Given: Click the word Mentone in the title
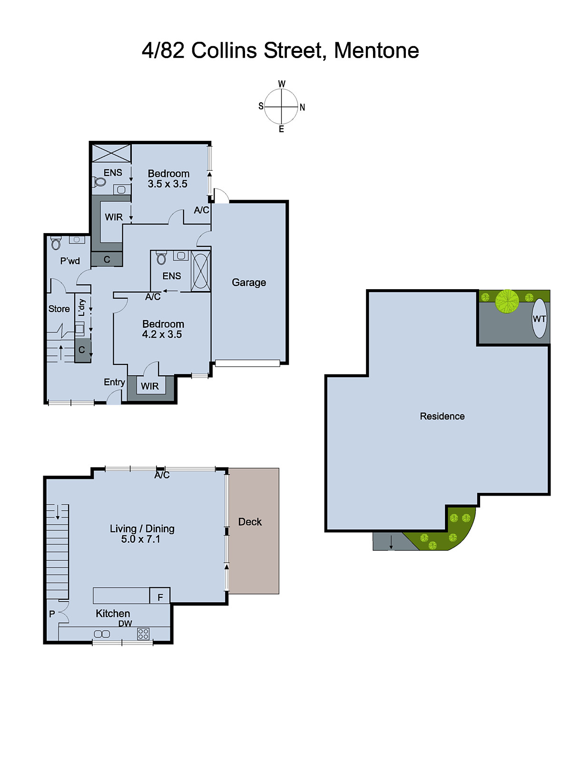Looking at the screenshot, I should (376, 50).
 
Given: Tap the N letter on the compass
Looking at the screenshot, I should (302, 107).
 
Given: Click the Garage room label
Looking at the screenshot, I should (249, 283).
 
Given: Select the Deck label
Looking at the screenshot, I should (250, 522).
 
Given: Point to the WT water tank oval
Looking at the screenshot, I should (539, 319).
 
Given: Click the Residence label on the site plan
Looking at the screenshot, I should (442, 416).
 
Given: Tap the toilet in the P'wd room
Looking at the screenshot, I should (56, 244).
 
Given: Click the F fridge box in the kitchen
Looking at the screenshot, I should (160, 597).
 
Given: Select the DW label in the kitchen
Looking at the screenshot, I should (125, 624).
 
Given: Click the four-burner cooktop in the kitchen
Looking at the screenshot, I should (143, 634).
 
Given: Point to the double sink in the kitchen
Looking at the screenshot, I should (102, 634).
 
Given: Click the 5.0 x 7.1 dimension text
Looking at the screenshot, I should (141, 539).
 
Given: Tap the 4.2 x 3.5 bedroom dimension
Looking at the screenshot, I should (162, 334).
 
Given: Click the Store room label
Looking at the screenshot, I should (59, 309).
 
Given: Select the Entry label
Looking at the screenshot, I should (114, 382).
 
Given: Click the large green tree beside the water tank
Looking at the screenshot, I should (507, 301).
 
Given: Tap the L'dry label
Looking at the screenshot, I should (82, 307).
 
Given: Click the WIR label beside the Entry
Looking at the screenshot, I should (150, 386).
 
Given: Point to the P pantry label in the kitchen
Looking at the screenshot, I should (52, 614).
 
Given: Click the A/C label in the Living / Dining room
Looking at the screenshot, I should (162, 475).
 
